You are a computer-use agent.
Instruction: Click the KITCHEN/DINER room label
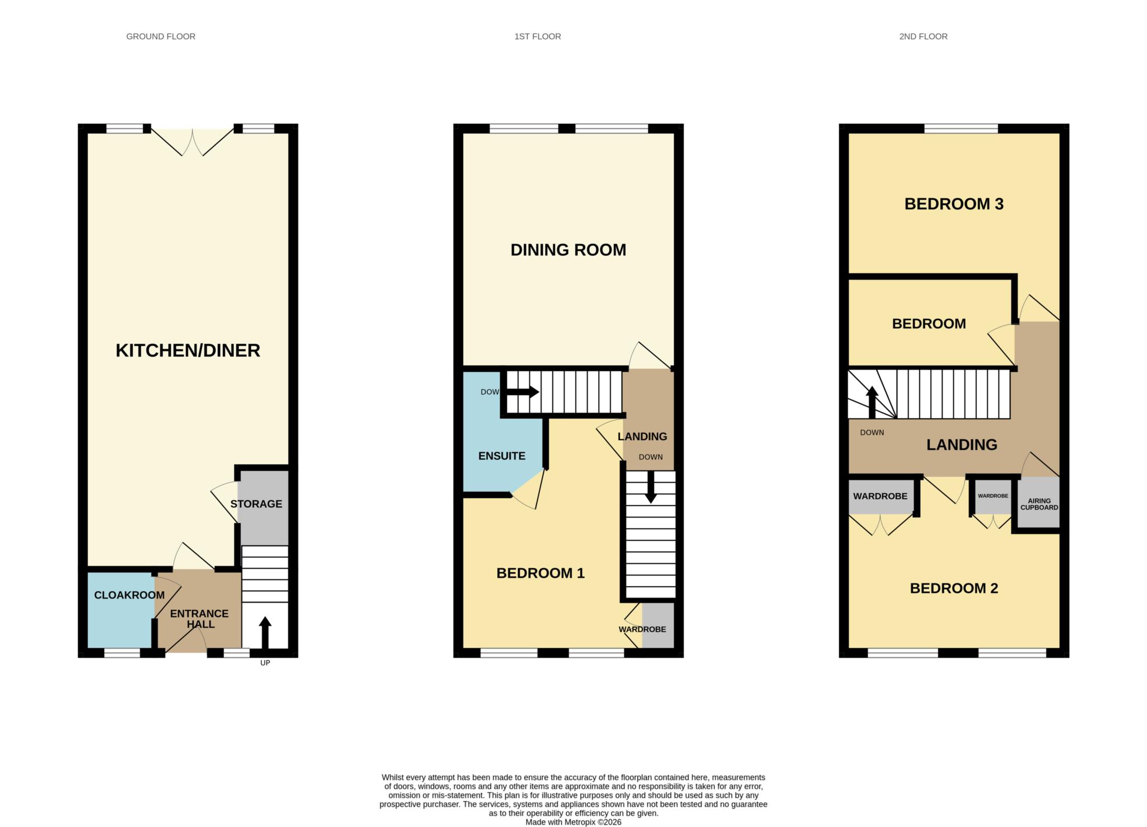(x=188, y=351)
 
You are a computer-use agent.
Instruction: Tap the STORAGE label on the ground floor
(x=256, y=504)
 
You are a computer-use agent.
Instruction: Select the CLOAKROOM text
(x=129, y=595)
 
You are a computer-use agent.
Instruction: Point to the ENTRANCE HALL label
(x=199, y=619)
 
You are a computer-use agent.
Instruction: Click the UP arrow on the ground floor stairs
(x=265, y=633)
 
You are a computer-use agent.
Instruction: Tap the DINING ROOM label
(x=568, y=250)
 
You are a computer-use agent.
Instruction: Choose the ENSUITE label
(x=502, y=456)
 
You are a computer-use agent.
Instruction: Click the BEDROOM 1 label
(x=540, y=573)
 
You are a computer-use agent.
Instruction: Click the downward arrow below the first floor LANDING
(x=650, y=487)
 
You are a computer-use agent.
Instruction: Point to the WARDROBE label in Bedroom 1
(x=642, y=629)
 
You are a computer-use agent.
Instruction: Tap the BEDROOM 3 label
(x=954, y=204)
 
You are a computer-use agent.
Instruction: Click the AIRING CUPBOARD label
(x=1039, y=504)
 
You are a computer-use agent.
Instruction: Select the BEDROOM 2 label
(x=954, y=588)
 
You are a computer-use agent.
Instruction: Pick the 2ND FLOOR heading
(x=924, y=36)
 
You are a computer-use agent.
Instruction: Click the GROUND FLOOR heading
(x=161, y=36)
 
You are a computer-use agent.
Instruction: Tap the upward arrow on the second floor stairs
(x=872, y=403)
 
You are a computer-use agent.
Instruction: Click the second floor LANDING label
(x=962, y=445)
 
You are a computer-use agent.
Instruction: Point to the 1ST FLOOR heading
(x=538, y=36)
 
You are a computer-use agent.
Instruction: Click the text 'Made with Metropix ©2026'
(x=573, y=822)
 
